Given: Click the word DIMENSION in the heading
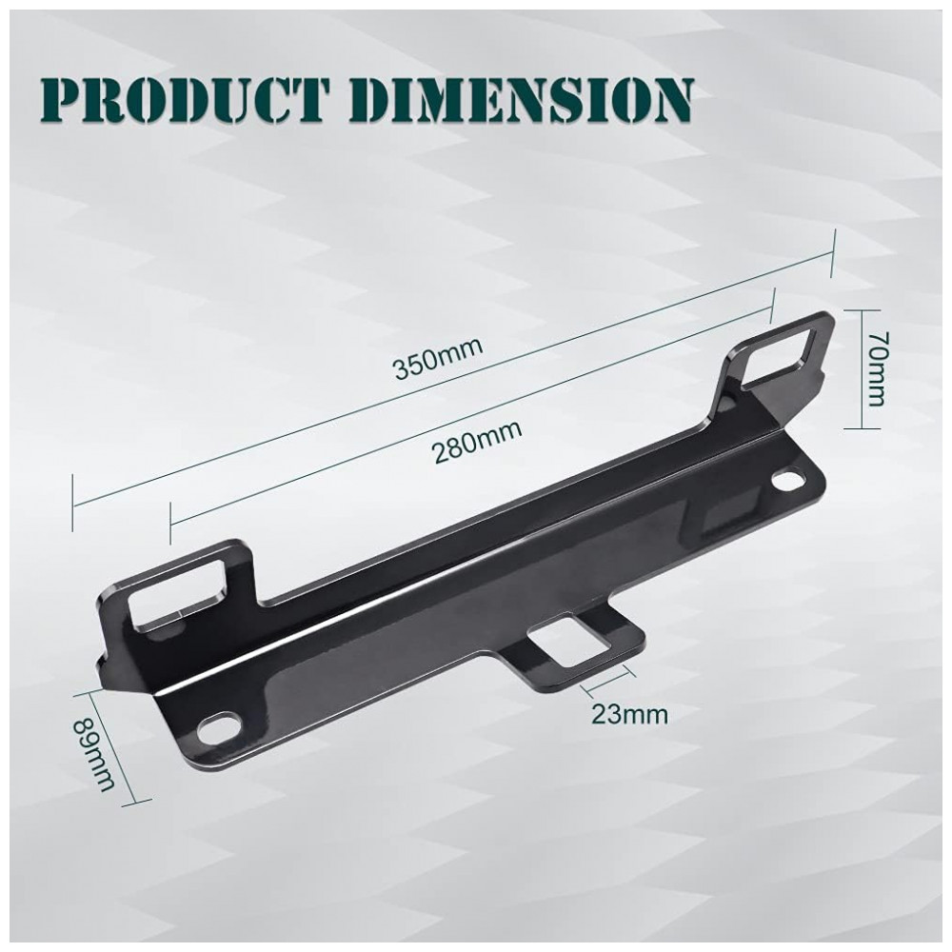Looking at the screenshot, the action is (x=530, y=100).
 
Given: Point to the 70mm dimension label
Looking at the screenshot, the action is (x=877, y=368).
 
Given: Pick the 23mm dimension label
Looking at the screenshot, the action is (x=629, y=715).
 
